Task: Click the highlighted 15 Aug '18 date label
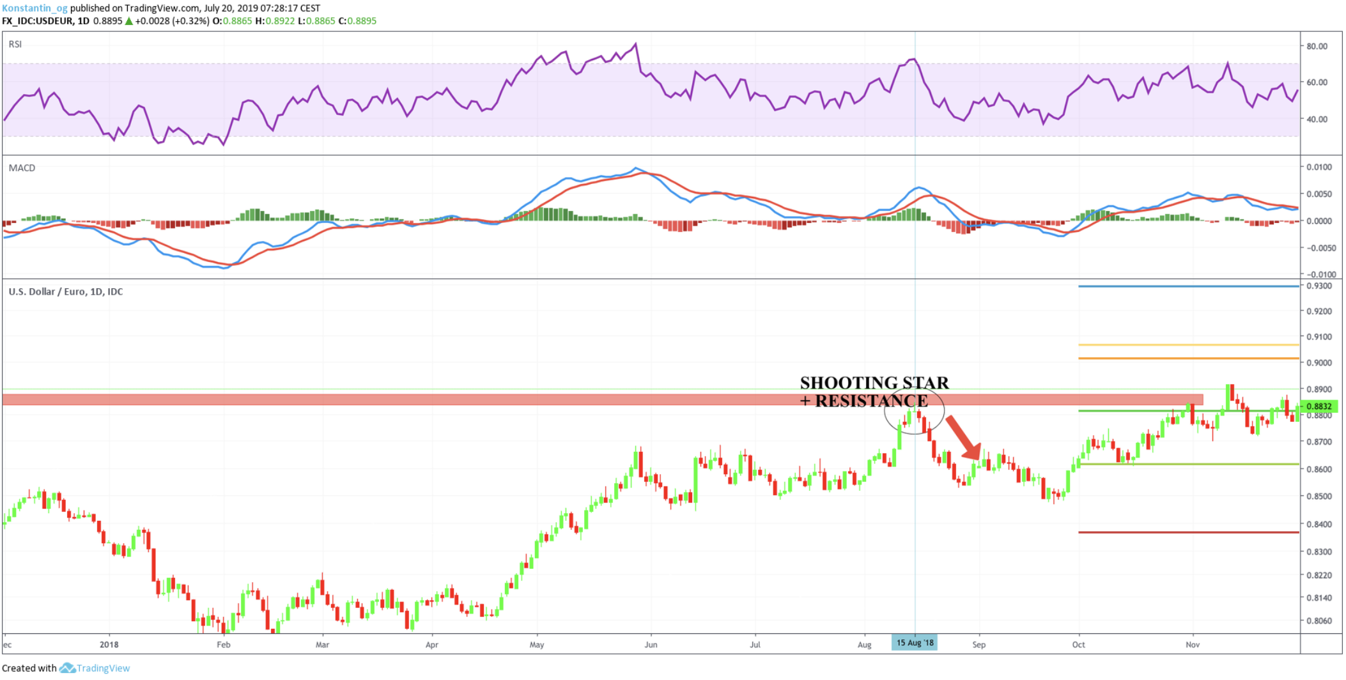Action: [x=914, y=643]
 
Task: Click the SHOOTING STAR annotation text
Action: [x=874, y=383]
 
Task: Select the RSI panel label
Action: [x=15, y=44]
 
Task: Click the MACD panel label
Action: [x=22, y=168]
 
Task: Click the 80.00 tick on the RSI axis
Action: [x=1317, y=46]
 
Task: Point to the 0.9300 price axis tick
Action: [x=1319, y=286]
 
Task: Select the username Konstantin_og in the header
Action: [x=35, y=8]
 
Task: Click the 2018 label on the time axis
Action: [x=109, y=645]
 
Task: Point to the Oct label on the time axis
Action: [x=1078, y=645]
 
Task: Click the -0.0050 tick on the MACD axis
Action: [x=1319, y=248]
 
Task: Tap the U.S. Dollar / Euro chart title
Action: [x=65, y=292]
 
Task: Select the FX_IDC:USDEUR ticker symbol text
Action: [x=37, y=21]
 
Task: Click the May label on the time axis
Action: [x=537, y=645]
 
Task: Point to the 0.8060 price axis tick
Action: [x=1319, y=621]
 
